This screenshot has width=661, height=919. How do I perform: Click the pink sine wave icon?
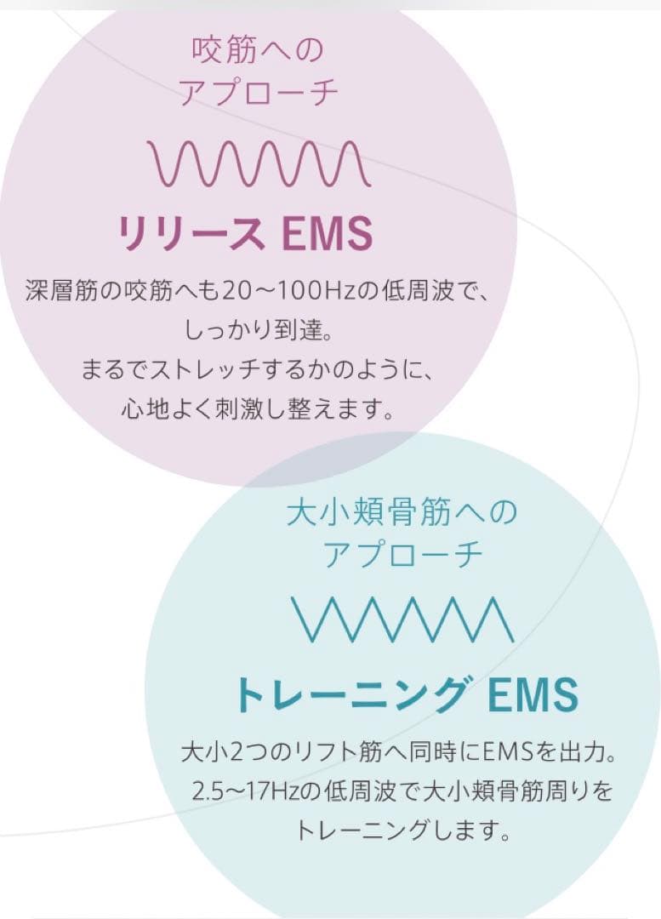pyautogui.click(x=259, y=163)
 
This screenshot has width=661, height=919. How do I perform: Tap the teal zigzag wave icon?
pyautogui.click(x=402, y=619)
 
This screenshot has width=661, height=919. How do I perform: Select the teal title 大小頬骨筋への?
pyautogui.click(x=402, y=513)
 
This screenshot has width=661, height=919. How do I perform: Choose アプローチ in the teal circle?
pyautogui.click(x=403, y=556)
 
